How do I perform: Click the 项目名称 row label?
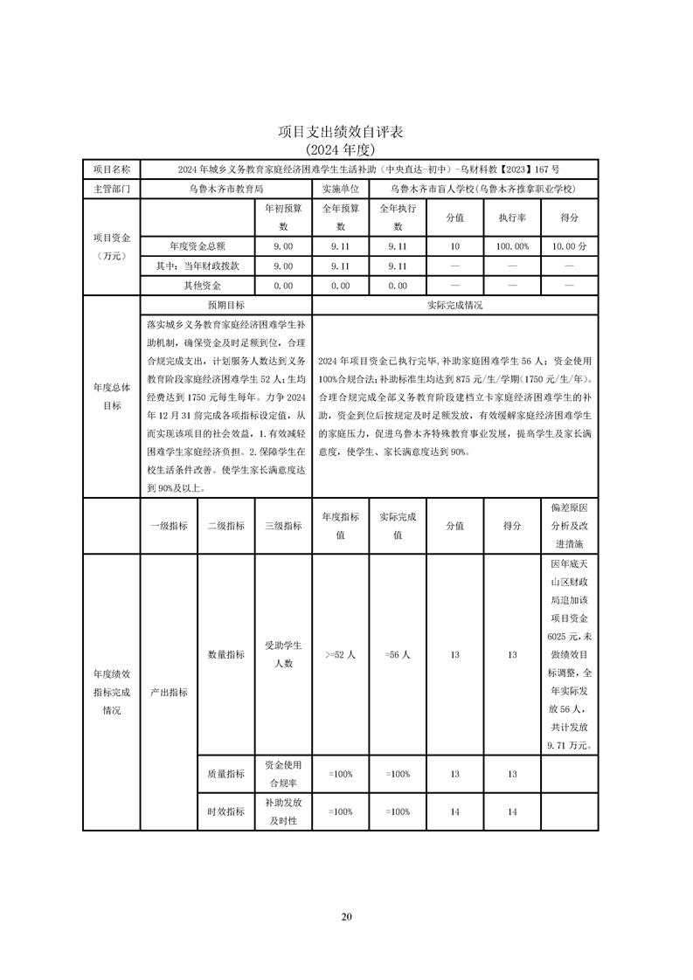click(111, 169)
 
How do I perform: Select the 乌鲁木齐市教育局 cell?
click(226, 188)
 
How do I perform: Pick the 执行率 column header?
click(511, 217)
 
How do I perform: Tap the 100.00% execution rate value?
click(511, 246)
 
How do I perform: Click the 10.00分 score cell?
click(570, 246)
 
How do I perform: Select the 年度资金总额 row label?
click(198, 246)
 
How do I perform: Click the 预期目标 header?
click(225, 306)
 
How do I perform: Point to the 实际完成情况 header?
click(454, 306)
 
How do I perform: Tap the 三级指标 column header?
click(283, 526)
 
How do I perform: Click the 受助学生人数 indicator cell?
click(283, 653)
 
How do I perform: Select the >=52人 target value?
click(339, 654)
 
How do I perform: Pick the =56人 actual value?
click(397, 654)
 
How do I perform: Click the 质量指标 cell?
click(225, 774)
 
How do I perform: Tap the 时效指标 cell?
click(225, 811)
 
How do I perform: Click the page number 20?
click(346, 916)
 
